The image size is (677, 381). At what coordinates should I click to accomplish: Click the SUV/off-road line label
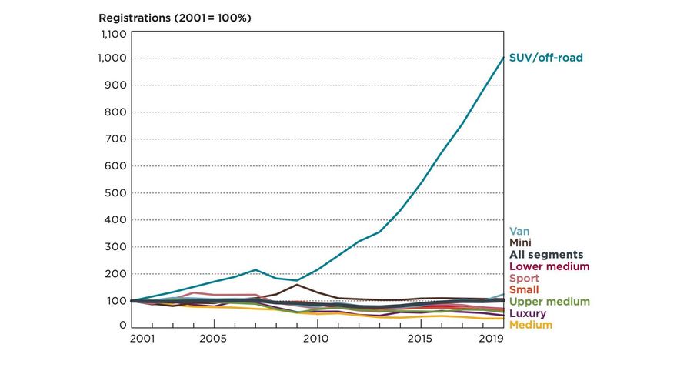[545, 58]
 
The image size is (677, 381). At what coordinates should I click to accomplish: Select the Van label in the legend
[519, 231]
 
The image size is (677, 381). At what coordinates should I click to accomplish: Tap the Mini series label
[521, 242]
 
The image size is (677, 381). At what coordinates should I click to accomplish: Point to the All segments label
[546, 255]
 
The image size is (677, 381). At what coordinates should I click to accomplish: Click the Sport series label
[524, 278]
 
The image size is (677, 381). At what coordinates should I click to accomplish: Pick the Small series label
[524, 289]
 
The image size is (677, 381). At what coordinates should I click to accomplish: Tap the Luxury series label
[528, 313]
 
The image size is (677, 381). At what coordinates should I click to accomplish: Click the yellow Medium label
[531, 325]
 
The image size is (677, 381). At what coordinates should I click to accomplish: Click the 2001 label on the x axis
[142, 339]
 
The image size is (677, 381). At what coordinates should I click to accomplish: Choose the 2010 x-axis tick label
[316, 339]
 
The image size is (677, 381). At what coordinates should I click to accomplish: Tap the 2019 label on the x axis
[492, 339]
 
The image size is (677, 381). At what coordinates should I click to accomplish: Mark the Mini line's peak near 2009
[296, 285]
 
